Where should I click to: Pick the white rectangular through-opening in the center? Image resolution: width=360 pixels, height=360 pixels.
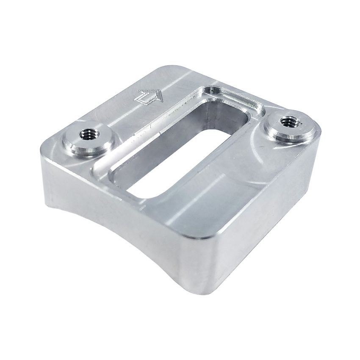169,165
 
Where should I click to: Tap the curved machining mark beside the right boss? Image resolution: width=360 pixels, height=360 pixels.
263,148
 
